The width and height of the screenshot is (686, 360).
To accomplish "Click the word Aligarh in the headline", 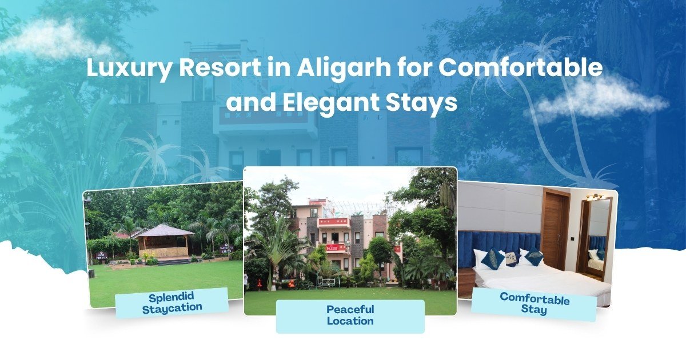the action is coord(344,68).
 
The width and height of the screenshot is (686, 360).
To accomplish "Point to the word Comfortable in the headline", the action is coord(520,67).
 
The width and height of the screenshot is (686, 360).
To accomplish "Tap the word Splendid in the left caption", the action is coord(171,297).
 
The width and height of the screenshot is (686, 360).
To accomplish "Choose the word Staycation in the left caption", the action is coord(172,308).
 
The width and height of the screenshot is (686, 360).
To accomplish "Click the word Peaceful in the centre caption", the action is coord(350,310).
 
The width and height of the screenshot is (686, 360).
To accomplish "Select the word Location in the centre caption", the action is coord(350,321).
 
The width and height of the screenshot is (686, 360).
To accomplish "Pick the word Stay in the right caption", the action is coord(534,309).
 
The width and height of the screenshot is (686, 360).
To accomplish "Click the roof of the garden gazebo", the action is coord(165,230).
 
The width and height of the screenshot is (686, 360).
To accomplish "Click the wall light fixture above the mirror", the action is coord(595,197).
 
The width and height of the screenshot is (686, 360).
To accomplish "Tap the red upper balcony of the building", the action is coord(334,223).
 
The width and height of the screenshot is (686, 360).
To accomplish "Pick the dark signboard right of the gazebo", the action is coord(226,249).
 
